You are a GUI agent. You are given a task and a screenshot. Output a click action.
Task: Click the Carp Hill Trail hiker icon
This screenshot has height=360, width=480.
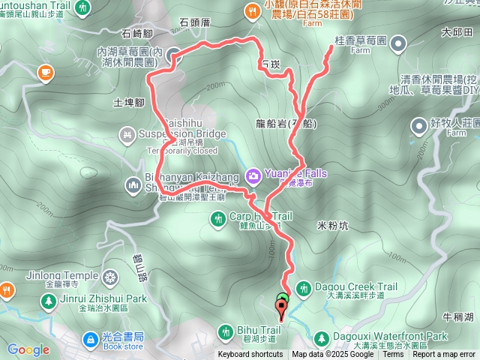pos(218,218)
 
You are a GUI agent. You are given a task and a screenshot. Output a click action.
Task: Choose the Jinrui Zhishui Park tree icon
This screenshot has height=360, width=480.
pos(48,301)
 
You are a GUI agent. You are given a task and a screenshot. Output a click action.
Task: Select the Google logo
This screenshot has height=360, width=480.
pos(28,350)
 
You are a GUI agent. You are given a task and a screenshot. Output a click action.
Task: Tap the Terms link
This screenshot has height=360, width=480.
pos(393,354)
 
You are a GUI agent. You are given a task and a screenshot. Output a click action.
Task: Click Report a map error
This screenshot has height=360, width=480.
pos(443,354)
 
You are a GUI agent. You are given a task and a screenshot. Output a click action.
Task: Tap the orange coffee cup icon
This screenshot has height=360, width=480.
pos(44,73)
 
